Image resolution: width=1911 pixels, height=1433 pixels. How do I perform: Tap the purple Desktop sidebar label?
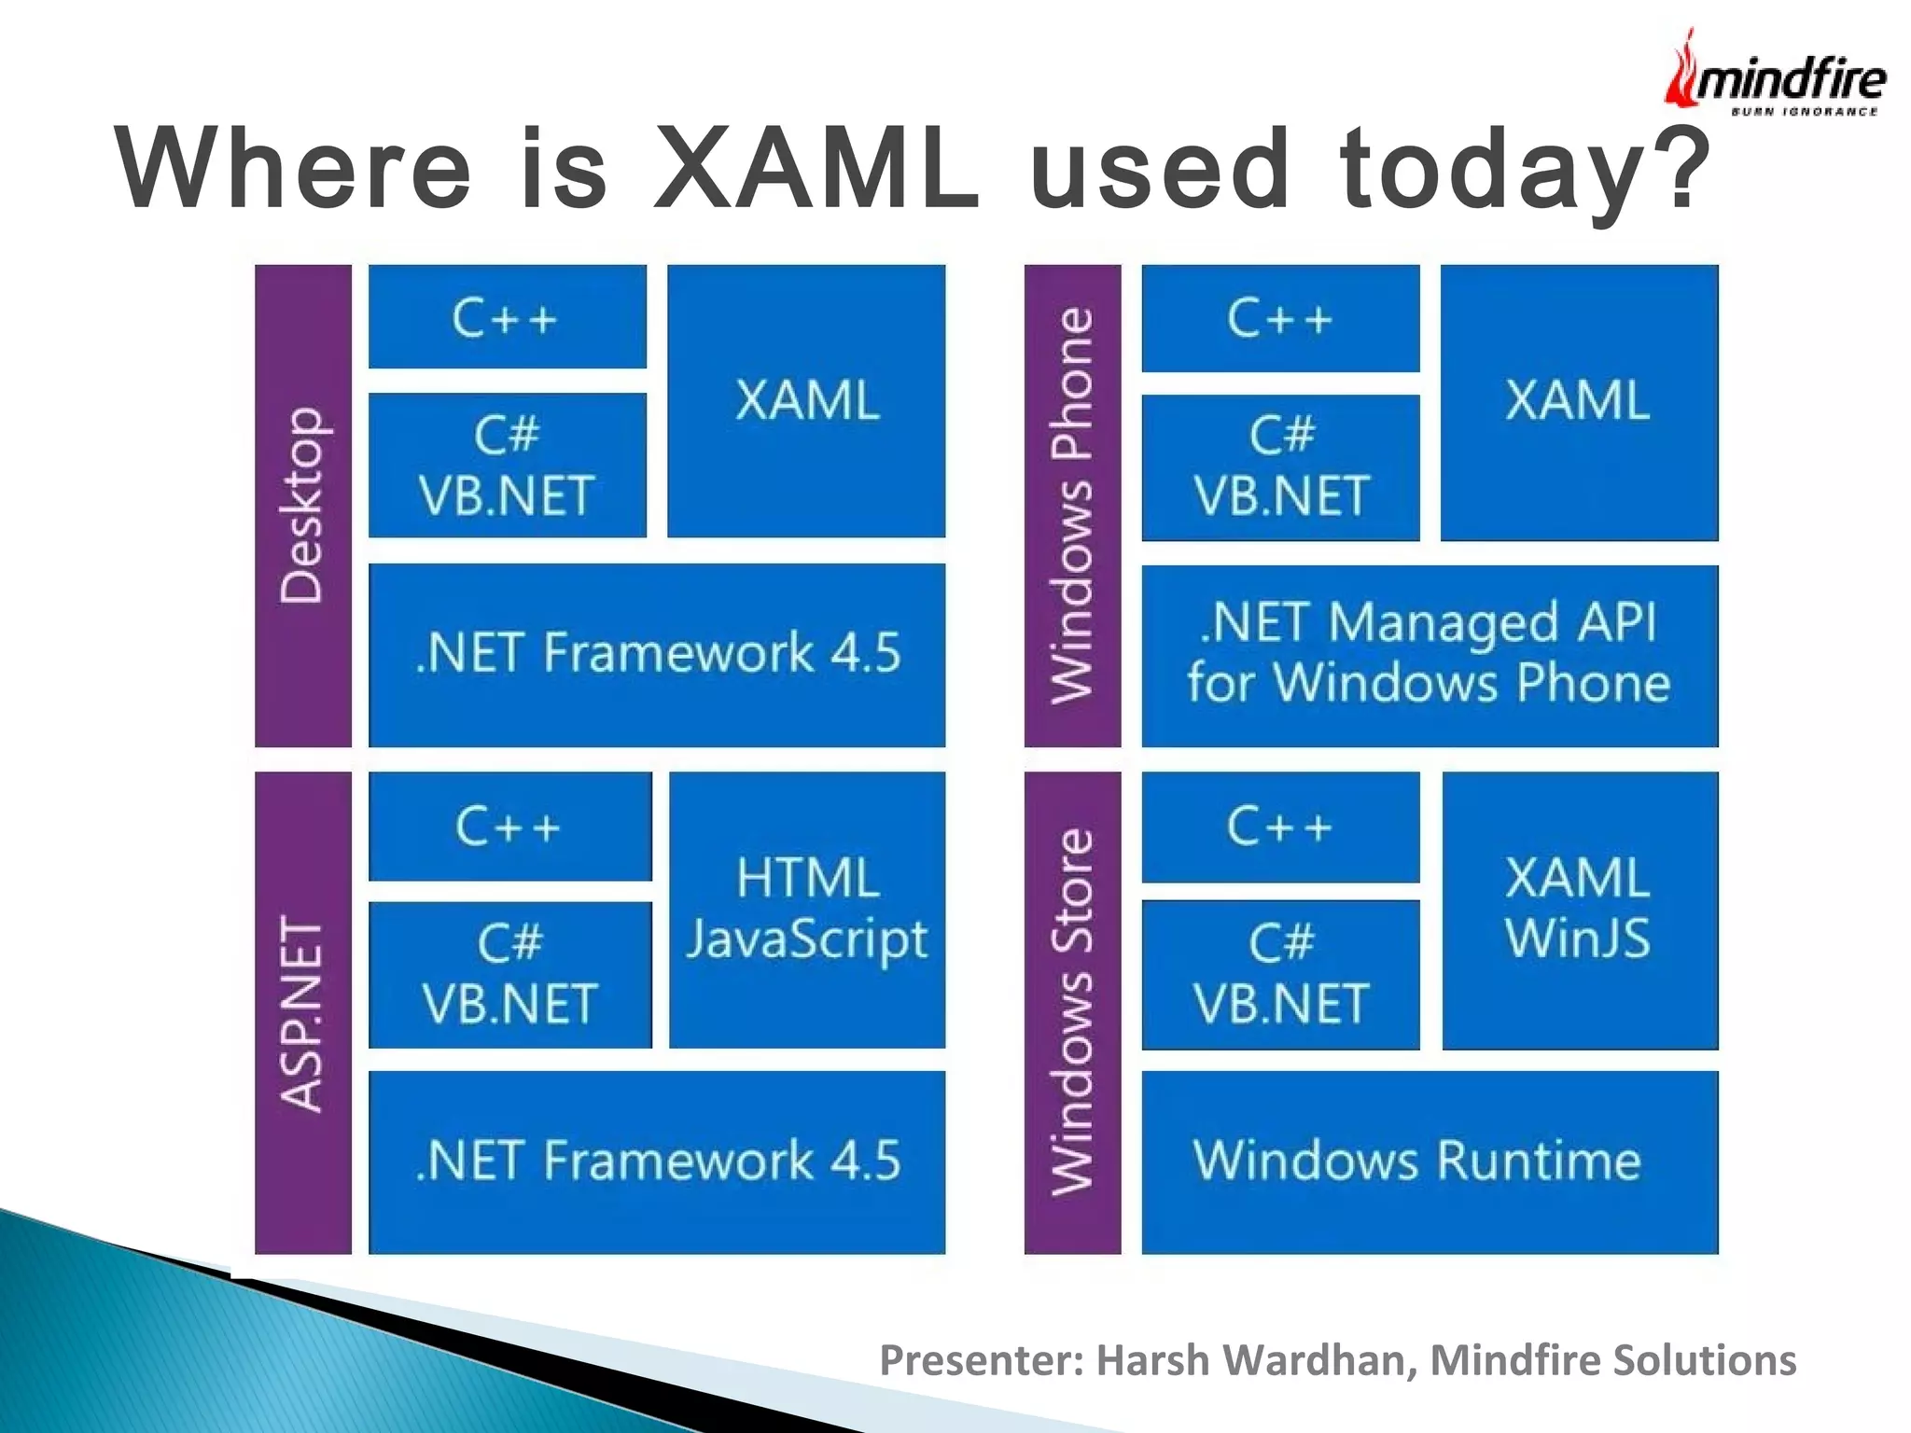coord(303,505)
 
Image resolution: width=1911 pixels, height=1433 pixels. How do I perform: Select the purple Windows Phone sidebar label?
coord(1072,505)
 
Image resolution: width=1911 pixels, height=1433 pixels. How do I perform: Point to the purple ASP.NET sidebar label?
coord(303,1012)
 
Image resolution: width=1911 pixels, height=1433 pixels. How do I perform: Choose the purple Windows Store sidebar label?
coord(1072,1012)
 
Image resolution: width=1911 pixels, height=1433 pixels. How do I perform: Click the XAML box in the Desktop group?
coord(806,401)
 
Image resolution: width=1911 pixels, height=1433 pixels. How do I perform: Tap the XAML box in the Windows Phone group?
coord(1579,401)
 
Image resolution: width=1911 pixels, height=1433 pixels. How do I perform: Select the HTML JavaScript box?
coord(807,910)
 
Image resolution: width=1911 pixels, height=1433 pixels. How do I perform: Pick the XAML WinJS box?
coord(1579,910)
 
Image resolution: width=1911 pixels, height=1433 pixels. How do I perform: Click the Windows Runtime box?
coord(1429,1162)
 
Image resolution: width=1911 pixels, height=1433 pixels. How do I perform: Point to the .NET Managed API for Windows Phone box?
coord(1429,655)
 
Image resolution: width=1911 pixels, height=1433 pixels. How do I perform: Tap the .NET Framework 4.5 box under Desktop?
coord(657,654)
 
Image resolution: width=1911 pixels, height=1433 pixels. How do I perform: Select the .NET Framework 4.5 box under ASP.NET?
coord(657,1162)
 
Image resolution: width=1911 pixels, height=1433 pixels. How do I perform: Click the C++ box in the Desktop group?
coord(507,317)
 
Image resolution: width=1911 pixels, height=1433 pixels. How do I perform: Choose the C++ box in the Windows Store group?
coord(1280,827)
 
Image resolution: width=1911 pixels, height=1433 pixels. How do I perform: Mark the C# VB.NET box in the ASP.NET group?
coord(509,974)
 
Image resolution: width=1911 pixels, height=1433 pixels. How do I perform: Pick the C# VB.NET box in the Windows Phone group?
coord(1280,467)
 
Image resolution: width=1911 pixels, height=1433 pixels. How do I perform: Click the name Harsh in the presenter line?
coord(1153,1360)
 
